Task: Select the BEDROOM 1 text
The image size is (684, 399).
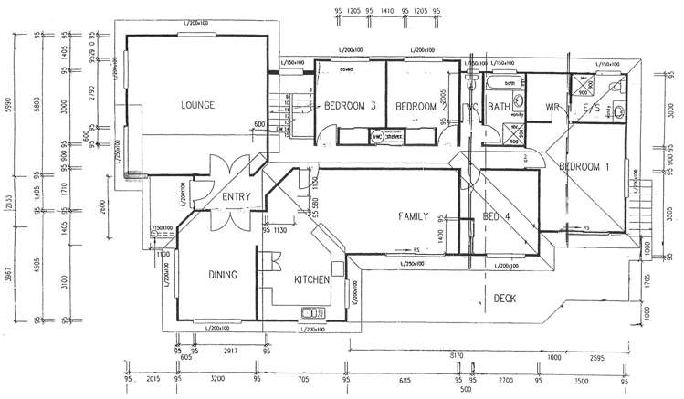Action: pyautogui.click(x=584, y=167)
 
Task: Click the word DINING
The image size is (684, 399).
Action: pyautogui.click(x=223, y=275)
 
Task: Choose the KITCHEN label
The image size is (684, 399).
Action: pyautogui.click(x=311, y=280)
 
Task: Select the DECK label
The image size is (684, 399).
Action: pyautogui.click(x=506, y=298)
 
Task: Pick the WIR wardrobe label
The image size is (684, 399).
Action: pyautogui.click(x=552, y=108)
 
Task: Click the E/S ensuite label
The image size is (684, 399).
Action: pyautogui.click(x=591, y=108)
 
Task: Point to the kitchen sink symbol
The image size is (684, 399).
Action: pyautogui.click(x=307, y=315)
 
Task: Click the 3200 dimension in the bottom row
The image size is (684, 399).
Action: pyautogui.click(x=217, y=377)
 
